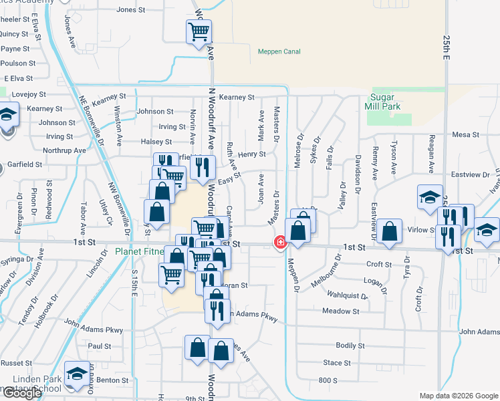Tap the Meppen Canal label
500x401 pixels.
[x=279, y=51]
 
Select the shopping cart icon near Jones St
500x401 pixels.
[x=199, y=31]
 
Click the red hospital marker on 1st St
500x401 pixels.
[x=281, y=242]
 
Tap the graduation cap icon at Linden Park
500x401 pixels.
[x=77, y=375]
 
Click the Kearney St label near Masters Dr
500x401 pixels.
[x=237, y=98]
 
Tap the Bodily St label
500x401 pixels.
[x=346, y=346]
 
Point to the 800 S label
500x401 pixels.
[x=328, y=380]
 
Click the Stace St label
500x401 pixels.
[x=337, y=363]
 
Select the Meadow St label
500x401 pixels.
[x=340, y=311]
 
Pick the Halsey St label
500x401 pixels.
[x=156, y=142]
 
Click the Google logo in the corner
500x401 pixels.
[x=22, y=393]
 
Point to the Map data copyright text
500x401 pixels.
[x=459, y=396]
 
